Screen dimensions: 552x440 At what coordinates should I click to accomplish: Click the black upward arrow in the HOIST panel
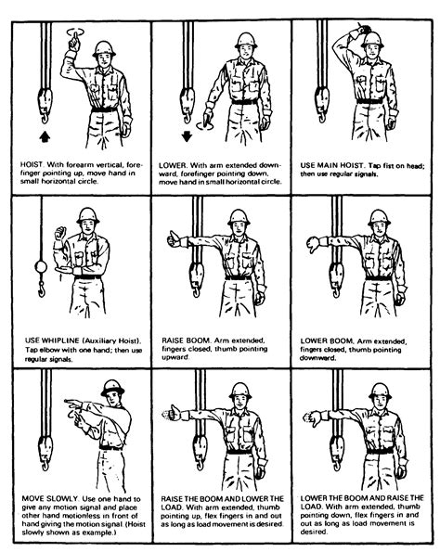point(43,136)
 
